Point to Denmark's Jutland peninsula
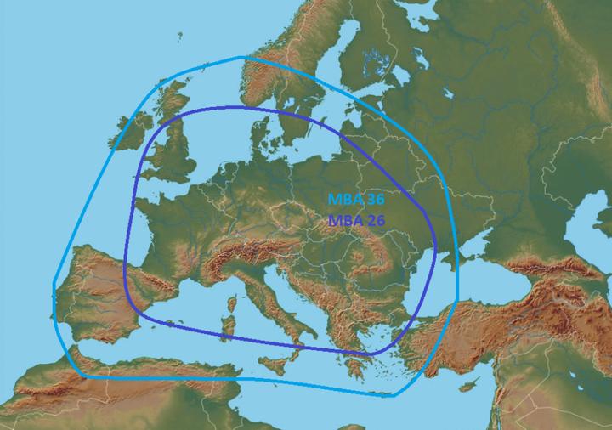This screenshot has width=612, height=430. [260, 136]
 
